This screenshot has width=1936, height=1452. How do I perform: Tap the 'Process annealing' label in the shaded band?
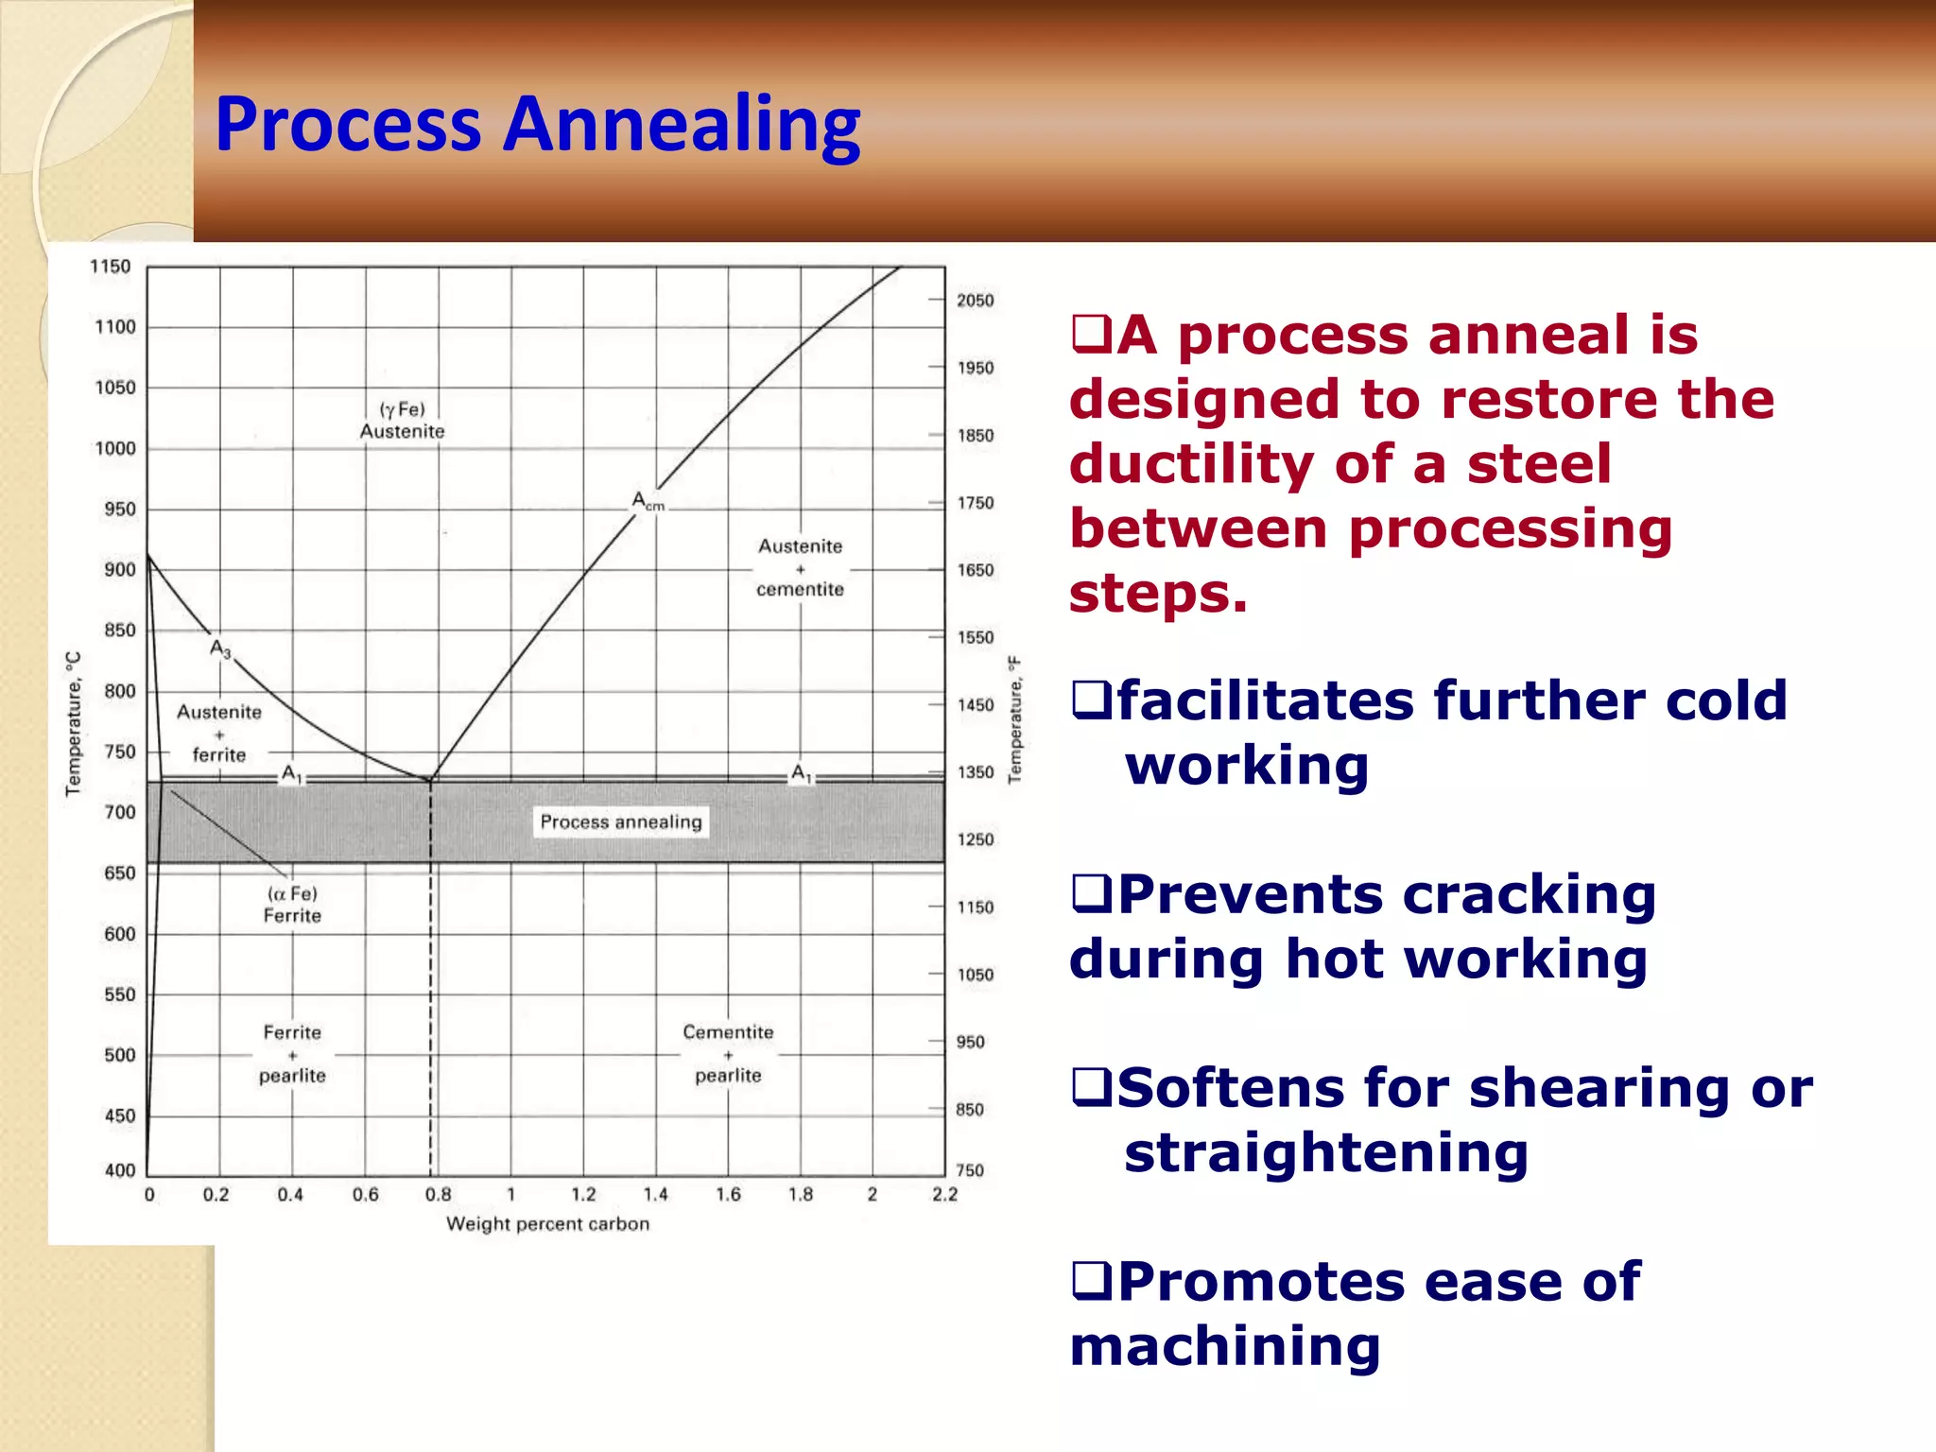click(x=621, y=821)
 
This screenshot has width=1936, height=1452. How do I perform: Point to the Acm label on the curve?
click(x=648, y=501)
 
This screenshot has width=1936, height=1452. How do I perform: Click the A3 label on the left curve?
click(x=220, y=649)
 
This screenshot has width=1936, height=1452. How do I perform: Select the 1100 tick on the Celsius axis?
click(x=115, y=327)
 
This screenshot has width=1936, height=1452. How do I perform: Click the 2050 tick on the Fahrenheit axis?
click(x=975, y=301)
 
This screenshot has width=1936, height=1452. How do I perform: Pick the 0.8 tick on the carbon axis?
click(x=438, y=1195)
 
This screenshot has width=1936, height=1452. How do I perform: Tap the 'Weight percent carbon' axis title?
click(x=547, y=1224)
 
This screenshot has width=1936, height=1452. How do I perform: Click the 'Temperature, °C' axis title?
click(x=74, y=724)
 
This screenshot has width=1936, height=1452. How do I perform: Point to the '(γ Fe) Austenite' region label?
click(x=402, y=421)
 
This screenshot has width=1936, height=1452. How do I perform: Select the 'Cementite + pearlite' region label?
click(x=728, y=1053)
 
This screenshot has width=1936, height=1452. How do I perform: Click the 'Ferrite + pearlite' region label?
click(x=292, y=1053)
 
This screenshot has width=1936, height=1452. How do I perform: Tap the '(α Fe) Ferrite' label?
click(x=292, y=905)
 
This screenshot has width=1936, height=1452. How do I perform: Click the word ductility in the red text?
click(x=1190, y=465)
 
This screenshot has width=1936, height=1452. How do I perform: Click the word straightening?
click(x=1325, y=1153)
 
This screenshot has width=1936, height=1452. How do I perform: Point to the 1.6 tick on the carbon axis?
click(x=728, y=1195)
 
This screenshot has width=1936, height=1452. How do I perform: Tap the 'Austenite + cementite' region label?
click(x=800, y=567)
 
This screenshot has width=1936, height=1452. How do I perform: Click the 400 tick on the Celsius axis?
click(x=120, y=1170)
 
